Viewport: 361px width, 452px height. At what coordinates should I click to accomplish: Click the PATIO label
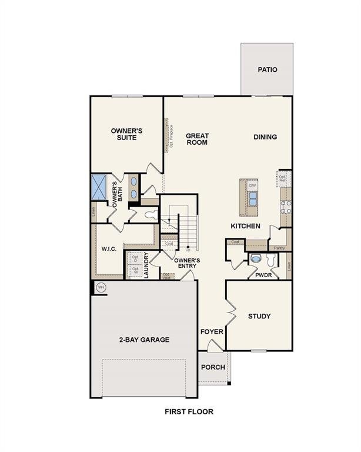267,69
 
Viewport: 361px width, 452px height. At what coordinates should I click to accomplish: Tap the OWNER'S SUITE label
126,134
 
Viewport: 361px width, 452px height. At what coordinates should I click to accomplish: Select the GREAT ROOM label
197,139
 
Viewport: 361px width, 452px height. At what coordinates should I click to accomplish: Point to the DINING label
265,137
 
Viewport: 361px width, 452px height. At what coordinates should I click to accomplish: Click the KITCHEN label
245,226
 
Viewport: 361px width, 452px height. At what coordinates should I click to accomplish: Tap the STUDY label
259,317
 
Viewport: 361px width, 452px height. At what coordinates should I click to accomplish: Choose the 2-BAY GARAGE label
144,340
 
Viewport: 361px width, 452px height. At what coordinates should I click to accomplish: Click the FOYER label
212,332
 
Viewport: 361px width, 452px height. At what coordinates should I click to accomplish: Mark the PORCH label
213,367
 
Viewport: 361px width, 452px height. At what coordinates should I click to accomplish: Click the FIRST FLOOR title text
189,412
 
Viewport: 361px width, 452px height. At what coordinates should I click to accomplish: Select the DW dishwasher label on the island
252,186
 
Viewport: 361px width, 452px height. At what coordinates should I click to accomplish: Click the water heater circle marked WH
101,287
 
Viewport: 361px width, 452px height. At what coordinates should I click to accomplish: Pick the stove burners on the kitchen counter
287,206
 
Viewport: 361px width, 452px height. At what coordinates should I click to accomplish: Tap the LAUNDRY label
146,265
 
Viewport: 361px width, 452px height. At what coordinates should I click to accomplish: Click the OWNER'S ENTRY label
188,263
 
